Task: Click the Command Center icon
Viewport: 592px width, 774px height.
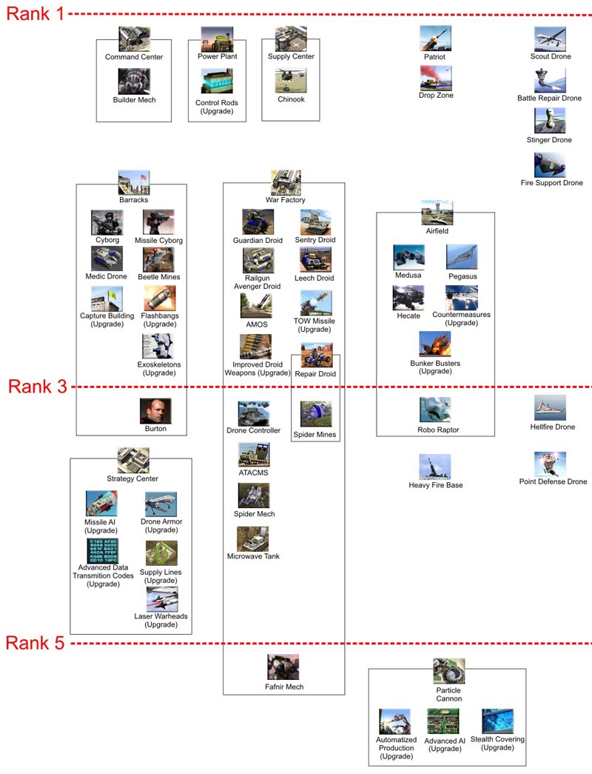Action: pyautogui.click(x=134, y=39)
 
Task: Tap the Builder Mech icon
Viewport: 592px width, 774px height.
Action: pyautogui.click(x=134, y=81)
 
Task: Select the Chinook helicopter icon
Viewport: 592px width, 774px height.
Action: pyautogui.click(x=291, y=80)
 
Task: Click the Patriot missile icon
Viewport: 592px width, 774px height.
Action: pyautogui.click(x=436, y=39)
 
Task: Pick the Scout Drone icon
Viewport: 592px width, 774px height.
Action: pyautogui.click(x=550, y=39)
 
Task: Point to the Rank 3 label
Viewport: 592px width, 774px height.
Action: pyautogui.click(x=38, y=387)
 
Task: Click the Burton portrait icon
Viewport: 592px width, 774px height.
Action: pyautogui.click(x=155, y=410)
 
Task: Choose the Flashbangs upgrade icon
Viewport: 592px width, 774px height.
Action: pyautogui.click(x=160, y=298)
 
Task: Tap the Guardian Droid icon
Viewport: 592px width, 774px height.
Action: pyautogui.click(x=258, y=221)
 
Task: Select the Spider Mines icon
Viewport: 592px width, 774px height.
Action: pyautogui.click(x=316, y=413)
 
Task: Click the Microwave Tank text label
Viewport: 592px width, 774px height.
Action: pyautogui.click(x=253, y=556)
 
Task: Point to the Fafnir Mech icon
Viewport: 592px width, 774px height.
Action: pyautogui.click(x=283, y=667)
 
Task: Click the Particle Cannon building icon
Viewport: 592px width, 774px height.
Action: pyautogui.click(x=449, y=671)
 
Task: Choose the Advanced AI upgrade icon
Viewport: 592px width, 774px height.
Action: pyautogui.click(x=443, y=721)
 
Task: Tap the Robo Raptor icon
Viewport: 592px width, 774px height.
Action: pyautogui.click(x=435, y=410)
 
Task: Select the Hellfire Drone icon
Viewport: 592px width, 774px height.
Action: pyautogui.click(x=550, y=407)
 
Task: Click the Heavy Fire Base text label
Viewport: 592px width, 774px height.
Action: pyautogui.click(x=436, y=485)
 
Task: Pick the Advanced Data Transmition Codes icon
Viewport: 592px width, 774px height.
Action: pyautogui.click(x=103, y=550)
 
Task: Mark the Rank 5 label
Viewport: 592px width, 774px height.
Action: pyautogui.click(x=35, y=643)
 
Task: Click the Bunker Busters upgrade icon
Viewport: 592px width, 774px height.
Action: pyautogui.click(x=434, y=344)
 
